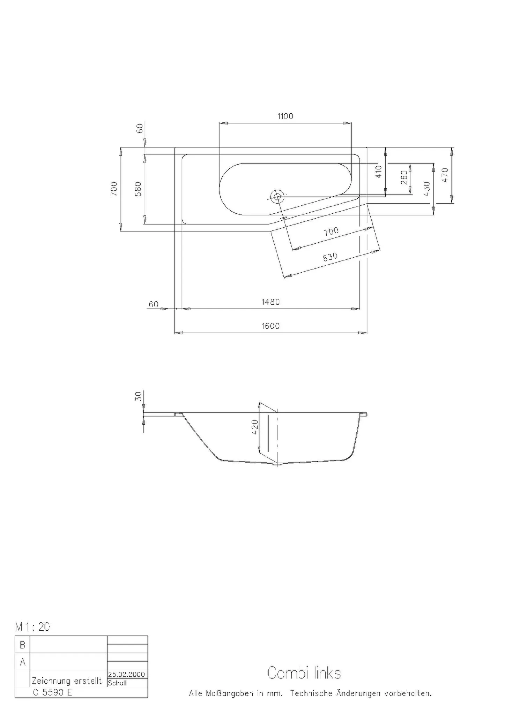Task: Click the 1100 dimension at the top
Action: (285, 116)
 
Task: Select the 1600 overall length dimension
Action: (270, 326)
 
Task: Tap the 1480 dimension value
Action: (270, 302)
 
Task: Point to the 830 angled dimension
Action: (330, 257)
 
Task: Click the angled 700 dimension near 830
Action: (331, 231)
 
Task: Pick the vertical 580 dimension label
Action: (138, 189)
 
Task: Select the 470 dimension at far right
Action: (445, 175)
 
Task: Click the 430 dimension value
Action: (426, 189)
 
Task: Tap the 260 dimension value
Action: (404, 177)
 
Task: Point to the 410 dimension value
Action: (379, 172)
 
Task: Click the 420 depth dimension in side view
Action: (255, 427)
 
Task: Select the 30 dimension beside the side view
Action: (139, 396)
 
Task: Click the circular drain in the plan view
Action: (278, 197)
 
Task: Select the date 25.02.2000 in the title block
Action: (126, 675)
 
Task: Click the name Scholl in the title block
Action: (117, 683)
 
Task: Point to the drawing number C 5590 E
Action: (52, 692)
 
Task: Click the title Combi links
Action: (304, 673)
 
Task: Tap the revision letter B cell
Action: (22, 645)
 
